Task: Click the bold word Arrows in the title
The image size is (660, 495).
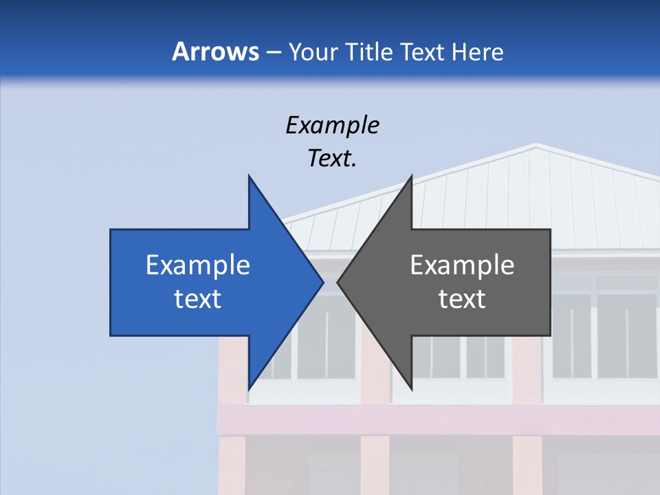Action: pos(215,52)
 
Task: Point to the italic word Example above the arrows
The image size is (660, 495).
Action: pos(332,125)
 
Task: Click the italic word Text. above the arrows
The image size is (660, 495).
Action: pos(332,159)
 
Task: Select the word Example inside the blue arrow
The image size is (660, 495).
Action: pos(198,265)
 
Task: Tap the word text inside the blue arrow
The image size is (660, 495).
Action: pos(198,299)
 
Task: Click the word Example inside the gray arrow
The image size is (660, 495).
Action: pos(462,265)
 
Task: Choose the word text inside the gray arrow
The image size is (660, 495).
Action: pos(462,299)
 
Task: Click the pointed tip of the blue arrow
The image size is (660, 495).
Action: pos(323,282)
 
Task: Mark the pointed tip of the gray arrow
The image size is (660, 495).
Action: pos(338,282)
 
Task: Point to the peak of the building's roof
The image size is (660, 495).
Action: pos(536,145)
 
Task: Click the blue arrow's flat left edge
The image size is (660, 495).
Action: pos(111,282)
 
